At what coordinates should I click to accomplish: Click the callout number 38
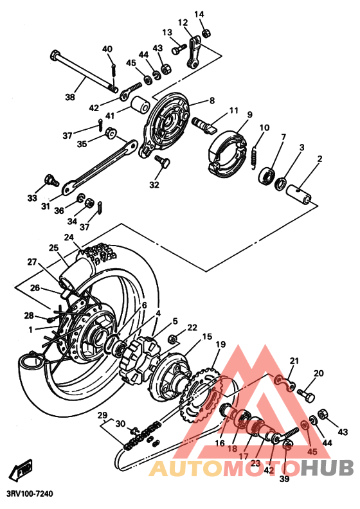click(70, 98)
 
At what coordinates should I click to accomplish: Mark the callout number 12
click(183, 22)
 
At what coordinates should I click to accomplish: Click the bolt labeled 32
click(162, 161)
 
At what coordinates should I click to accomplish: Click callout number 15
click(207, 337)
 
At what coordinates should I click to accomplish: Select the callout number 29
click(101, 416)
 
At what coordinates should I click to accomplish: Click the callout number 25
click(53, 247)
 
